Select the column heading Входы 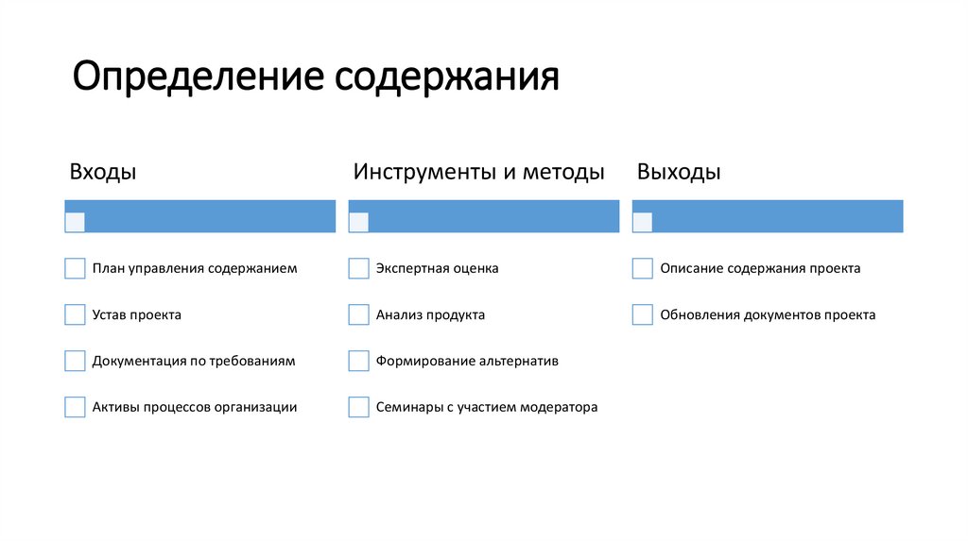pos(103,173)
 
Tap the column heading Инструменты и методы pos(479,173)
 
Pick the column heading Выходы pos(679,173)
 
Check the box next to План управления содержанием pos(75,268)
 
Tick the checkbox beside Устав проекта pos(75,314)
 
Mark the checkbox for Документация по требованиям pos(75,361)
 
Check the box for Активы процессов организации pos(75,407)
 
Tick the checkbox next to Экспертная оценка pos(358,268)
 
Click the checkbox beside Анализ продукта pos(358,314)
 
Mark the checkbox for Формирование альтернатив pos(358,361)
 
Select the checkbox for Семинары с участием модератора pos(358,407)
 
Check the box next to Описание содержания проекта pos(642,268)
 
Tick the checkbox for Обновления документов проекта pos(642,314)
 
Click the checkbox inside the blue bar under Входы pos(75,222)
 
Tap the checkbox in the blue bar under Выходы pos(642,222)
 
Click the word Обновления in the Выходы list pos(698,315)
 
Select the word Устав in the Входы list pos(109,315)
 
